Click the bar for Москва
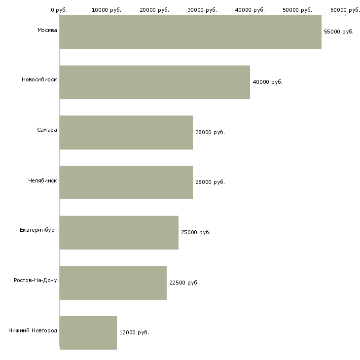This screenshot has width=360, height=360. point(190,32)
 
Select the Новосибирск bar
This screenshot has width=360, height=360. point(154,82)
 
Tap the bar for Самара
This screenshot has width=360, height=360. point(126,133)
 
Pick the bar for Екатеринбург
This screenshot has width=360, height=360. point(119,233)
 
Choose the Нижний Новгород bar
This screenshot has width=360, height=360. point(88,333)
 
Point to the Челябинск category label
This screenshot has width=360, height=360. point(42,180)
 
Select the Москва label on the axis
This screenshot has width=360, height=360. point(47,31)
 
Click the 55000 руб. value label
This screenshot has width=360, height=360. point(339,32)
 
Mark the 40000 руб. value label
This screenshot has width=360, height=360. point(267,82)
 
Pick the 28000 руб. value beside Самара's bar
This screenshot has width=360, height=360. point(210,132)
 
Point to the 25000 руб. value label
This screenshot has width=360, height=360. point(196,232)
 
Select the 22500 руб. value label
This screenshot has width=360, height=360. point(184,283)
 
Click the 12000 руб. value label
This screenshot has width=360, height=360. point(134,333)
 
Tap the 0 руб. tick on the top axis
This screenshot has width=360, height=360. point(59,10)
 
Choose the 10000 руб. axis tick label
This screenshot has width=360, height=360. point(107,10)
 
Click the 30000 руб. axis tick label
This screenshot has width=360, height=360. point(202,10)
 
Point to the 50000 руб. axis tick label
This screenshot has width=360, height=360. point(297,10)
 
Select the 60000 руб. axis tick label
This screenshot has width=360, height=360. point(345,10)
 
